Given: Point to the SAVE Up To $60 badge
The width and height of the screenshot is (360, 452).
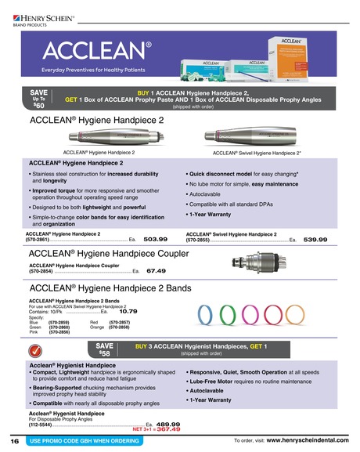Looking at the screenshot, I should point(40,101).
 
